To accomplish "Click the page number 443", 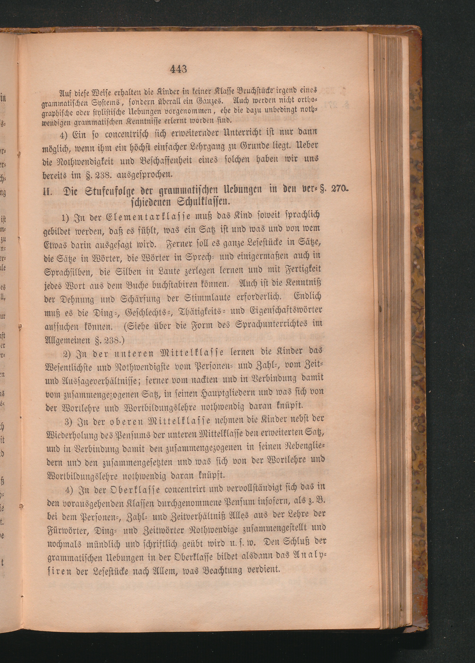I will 178,70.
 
